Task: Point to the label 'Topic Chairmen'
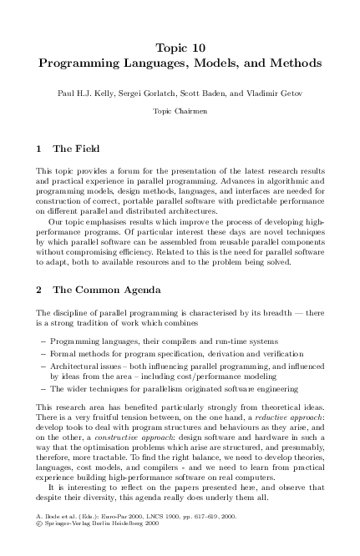(180, 110)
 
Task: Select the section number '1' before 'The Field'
(39, 149)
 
